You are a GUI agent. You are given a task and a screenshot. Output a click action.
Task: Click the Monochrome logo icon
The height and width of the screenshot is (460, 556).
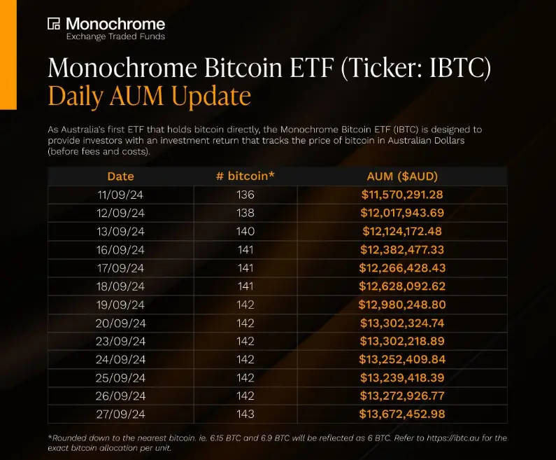click(54, 24)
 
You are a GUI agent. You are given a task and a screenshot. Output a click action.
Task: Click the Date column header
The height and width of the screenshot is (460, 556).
click(120, 176)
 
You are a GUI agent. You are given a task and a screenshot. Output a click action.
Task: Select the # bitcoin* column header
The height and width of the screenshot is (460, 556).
click(245, 176)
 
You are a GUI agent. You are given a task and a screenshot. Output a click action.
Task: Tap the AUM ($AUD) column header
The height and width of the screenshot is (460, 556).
click(402, 176)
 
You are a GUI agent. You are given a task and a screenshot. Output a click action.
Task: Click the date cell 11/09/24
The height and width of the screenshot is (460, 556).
click(120, 195)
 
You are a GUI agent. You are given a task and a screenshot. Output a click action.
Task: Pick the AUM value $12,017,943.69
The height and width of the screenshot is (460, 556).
click(402, 213)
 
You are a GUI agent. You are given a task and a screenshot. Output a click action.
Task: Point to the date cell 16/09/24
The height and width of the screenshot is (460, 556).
click(120, 249)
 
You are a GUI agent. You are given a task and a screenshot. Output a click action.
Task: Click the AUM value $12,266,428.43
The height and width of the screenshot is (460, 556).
click(402, 267)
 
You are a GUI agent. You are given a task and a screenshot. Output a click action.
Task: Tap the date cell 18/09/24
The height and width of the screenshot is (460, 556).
click(120, 286)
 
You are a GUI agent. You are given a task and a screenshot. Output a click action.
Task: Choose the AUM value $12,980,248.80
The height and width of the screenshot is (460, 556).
click(402, 304)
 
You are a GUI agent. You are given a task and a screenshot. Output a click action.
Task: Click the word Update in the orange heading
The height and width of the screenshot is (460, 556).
click(210, 96)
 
